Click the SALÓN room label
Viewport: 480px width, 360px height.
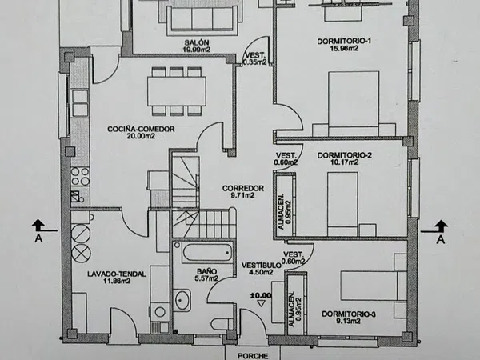point(197,42)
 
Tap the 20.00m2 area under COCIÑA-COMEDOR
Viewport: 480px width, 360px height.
point(141,136)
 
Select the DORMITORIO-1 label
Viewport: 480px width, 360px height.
point(344,41)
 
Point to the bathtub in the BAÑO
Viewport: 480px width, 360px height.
point(207,252)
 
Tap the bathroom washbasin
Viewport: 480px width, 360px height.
point(182,300)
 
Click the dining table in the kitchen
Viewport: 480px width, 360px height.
point(177,91)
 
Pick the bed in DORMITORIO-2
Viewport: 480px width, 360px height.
point(343,204)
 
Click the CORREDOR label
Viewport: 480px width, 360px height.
point(243,188)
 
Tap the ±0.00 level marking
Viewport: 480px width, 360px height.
point(261,296)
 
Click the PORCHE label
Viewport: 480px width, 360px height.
point(253,356)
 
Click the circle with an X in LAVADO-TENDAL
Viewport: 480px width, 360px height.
point(81,253)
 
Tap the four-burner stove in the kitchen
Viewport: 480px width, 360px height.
point(80,177)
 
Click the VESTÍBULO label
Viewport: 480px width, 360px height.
point(261,265)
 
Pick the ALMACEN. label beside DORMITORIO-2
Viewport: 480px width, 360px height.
point(281,211)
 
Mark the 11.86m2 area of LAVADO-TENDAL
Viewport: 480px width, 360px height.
point(118,281)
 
